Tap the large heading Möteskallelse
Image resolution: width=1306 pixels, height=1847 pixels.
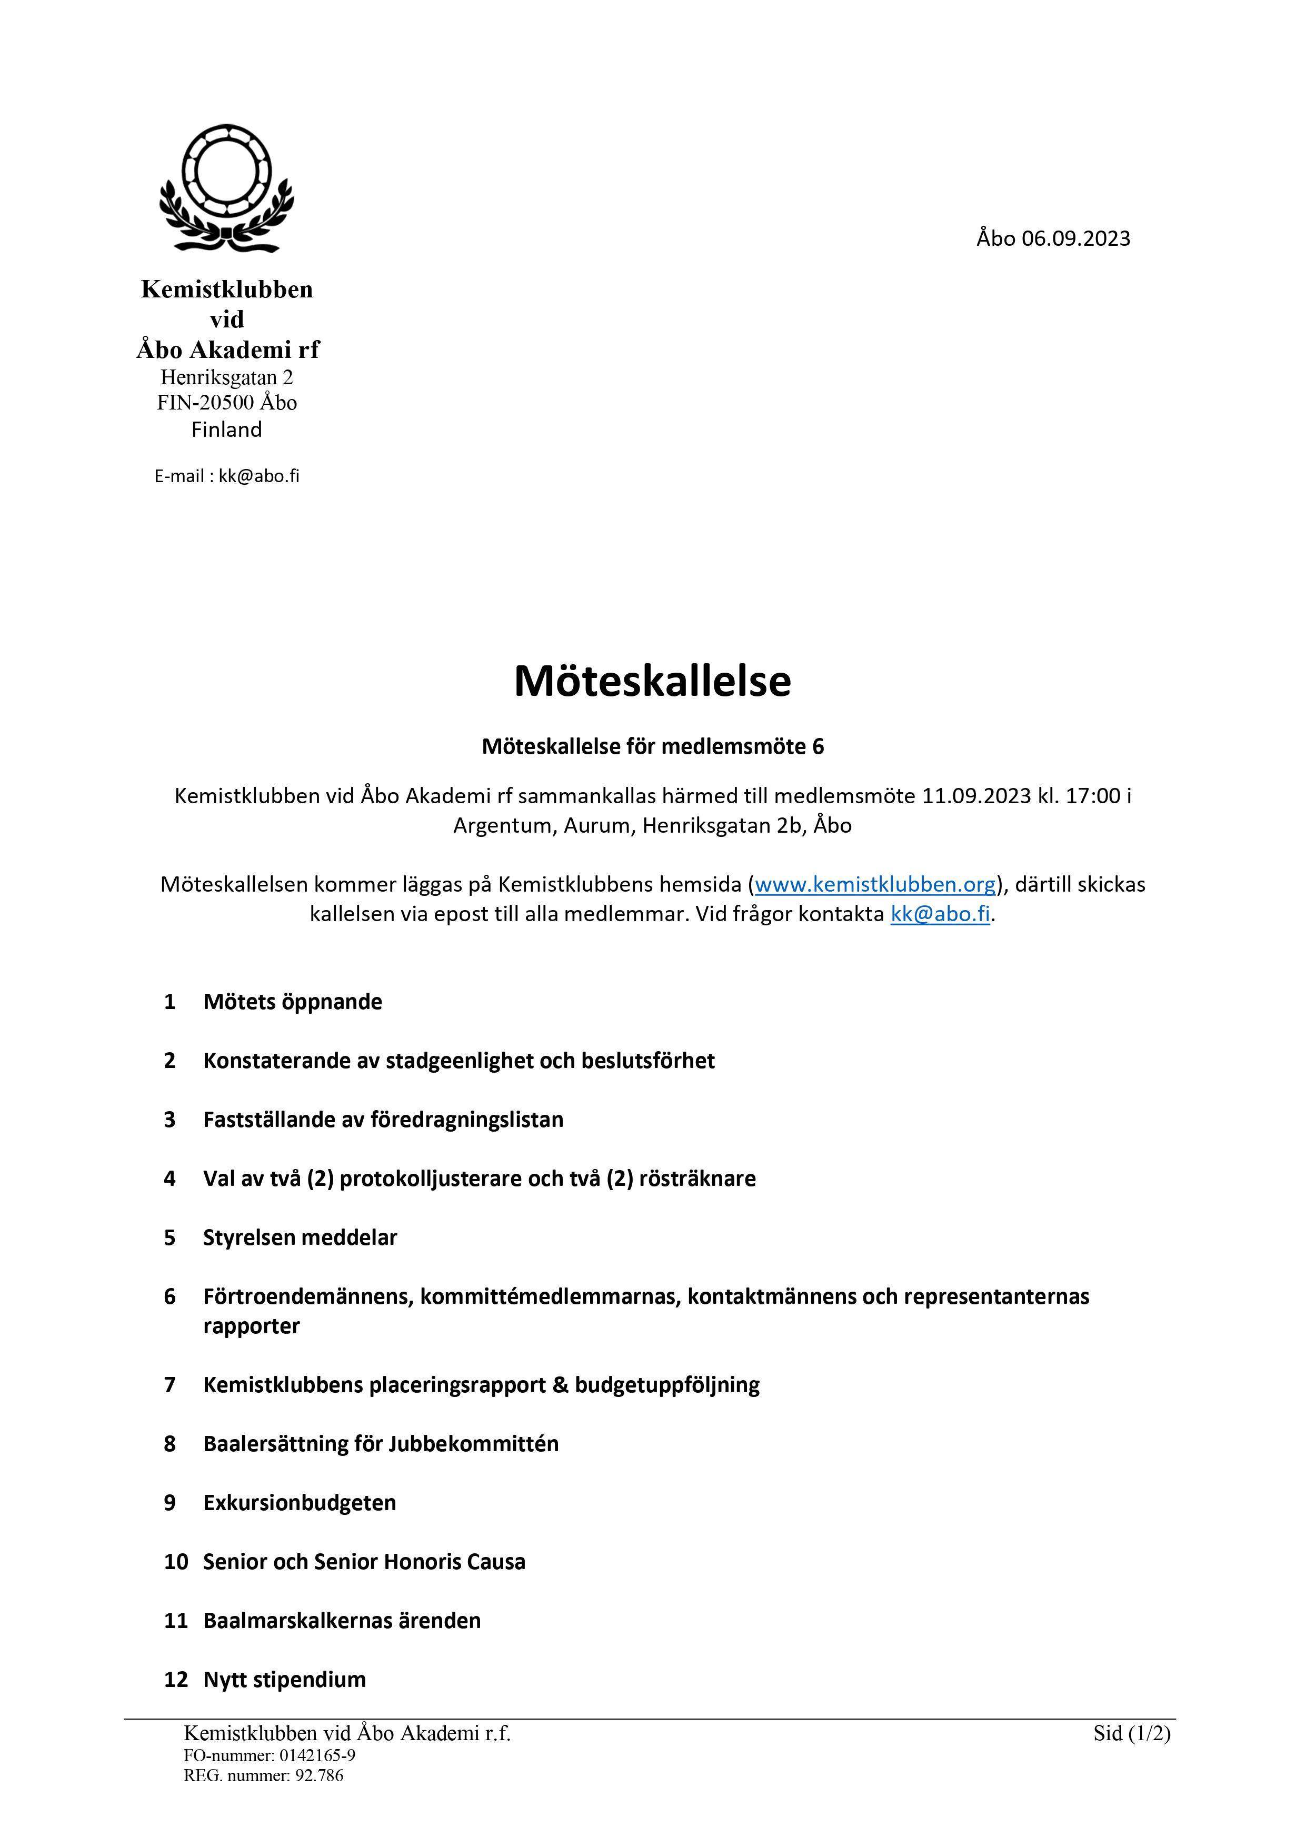653,681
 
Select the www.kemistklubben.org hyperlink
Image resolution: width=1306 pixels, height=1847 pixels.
875,884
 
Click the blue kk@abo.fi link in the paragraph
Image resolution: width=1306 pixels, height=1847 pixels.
940,915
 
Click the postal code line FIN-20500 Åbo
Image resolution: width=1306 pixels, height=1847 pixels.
227,402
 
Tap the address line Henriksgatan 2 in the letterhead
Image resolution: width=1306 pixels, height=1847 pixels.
227,376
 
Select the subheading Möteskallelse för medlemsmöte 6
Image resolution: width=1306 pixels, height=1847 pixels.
653,746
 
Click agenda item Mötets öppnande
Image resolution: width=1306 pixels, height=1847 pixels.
292,1002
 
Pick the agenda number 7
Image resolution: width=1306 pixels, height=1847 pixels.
170,1384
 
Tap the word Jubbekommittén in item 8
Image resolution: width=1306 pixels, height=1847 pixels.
473,1443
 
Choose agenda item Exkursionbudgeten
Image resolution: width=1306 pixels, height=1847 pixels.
300,1503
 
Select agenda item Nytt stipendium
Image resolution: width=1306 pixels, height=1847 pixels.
284,1679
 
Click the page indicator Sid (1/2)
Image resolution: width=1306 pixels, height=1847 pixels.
1131,1733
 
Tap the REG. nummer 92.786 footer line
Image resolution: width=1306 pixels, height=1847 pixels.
263,1775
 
